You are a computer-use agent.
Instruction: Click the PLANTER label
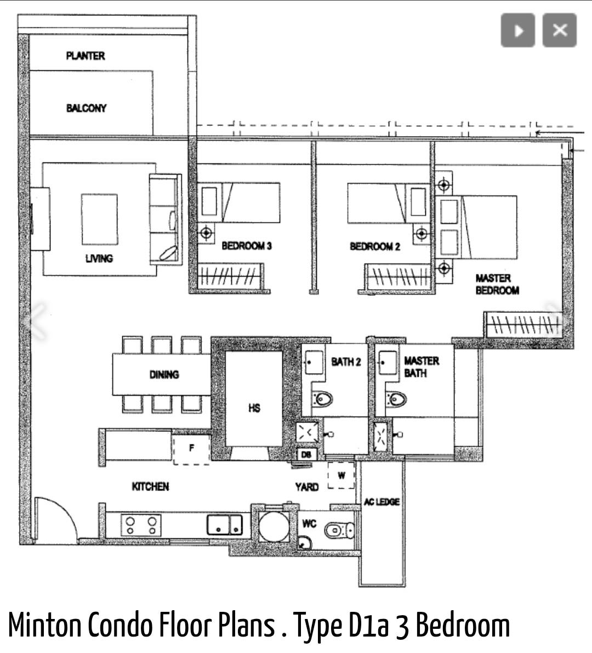tap(86, 56)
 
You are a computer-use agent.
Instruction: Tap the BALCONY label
tap(86, 108)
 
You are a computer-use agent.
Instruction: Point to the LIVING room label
tap(99, 258)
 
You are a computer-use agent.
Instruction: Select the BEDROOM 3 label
tap(246, 246)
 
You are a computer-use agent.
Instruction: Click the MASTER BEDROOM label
tap(497, 284)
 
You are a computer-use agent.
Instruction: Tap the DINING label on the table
tap(164, 375)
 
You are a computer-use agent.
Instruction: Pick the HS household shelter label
tap(254, 408)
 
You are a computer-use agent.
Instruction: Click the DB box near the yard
tap(306, 454)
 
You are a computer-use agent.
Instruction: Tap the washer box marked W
tap(341, 475)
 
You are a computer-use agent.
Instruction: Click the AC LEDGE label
tap(382, 502)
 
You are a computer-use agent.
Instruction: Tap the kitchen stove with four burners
tap(141, 525)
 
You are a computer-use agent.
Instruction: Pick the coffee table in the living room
tap(99, 219)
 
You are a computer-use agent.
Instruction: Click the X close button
tap(560, 30)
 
